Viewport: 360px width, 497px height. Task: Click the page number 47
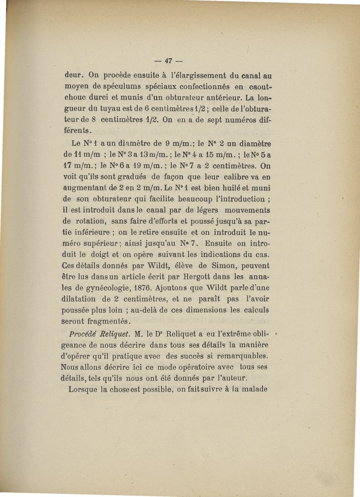[x=169, y=61]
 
